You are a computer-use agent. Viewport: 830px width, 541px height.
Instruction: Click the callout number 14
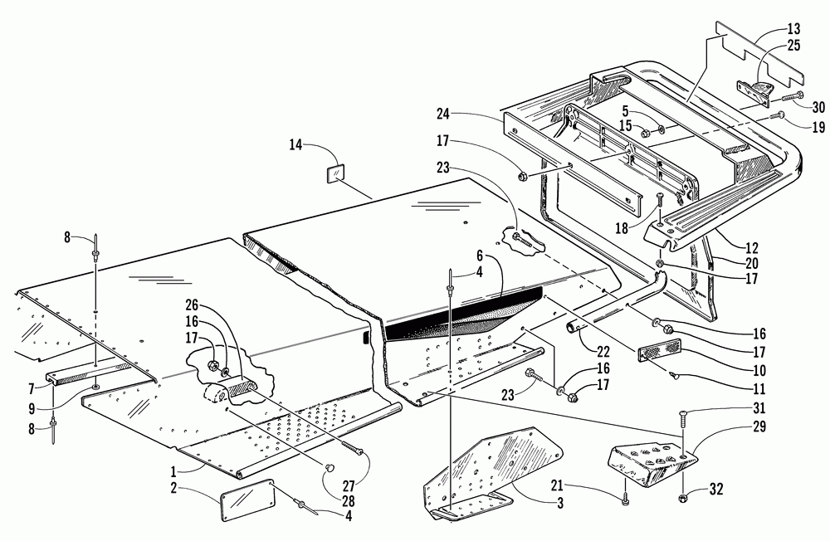pyautogui.click(x=295, y=144)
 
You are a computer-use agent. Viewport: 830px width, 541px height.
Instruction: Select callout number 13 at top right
pyautogui.click(x=793, y=28)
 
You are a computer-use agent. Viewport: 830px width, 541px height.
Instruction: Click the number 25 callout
pyautogui.click(x=793, y=46)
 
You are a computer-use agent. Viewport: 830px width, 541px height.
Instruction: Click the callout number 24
pyautogui.click(x=443, y=114)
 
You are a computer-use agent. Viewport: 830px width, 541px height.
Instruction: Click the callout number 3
pyautogui.click(x=560, y=503)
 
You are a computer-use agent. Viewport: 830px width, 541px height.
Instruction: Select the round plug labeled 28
pyautogui.click(x=329, y=467)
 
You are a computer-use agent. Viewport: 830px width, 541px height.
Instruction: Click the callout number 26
pyautogui.click(x=192, y=305)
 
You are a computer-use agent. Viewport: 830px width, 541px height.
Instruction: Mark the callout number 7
pyautogui.click(x=32, y=390)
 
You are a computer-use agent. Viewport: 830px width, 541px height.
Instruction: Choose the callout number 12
pyautogui.click(x=752, y=248)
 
